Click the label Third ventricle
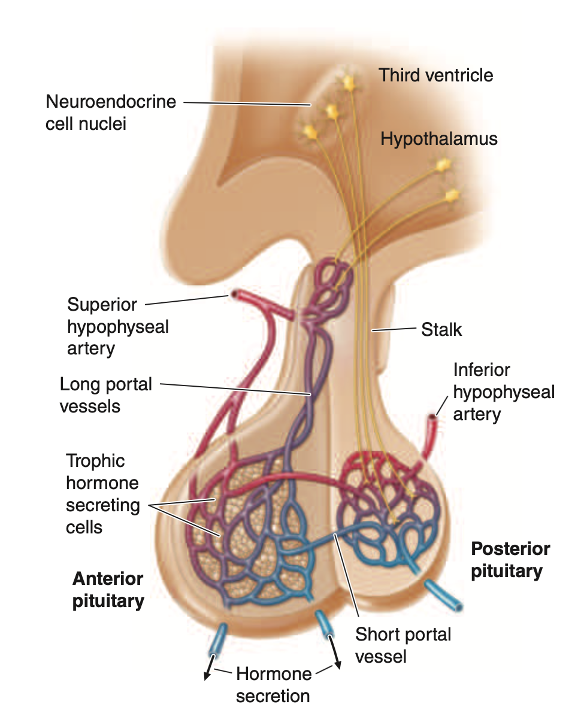pos(436,75)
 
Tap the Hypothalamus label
pos(439,139)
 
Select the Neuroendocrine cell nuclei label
pos(111,113)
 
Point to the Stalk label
pos(442,329)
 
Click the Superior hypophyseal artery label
pos(118,326)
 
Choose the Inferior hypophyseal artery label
pos(504,392)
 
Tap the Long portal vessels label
pos(106,395)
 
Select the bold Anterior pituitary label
pos(108,590)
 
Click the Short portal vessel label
pos(403,645)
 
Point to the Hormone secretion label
pos(273,685)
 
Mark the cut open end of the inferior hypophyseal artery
pos(431,418)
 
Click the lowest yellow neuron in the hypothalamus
pos(452,195)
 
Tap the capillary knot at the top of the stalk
pos(331,281)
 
